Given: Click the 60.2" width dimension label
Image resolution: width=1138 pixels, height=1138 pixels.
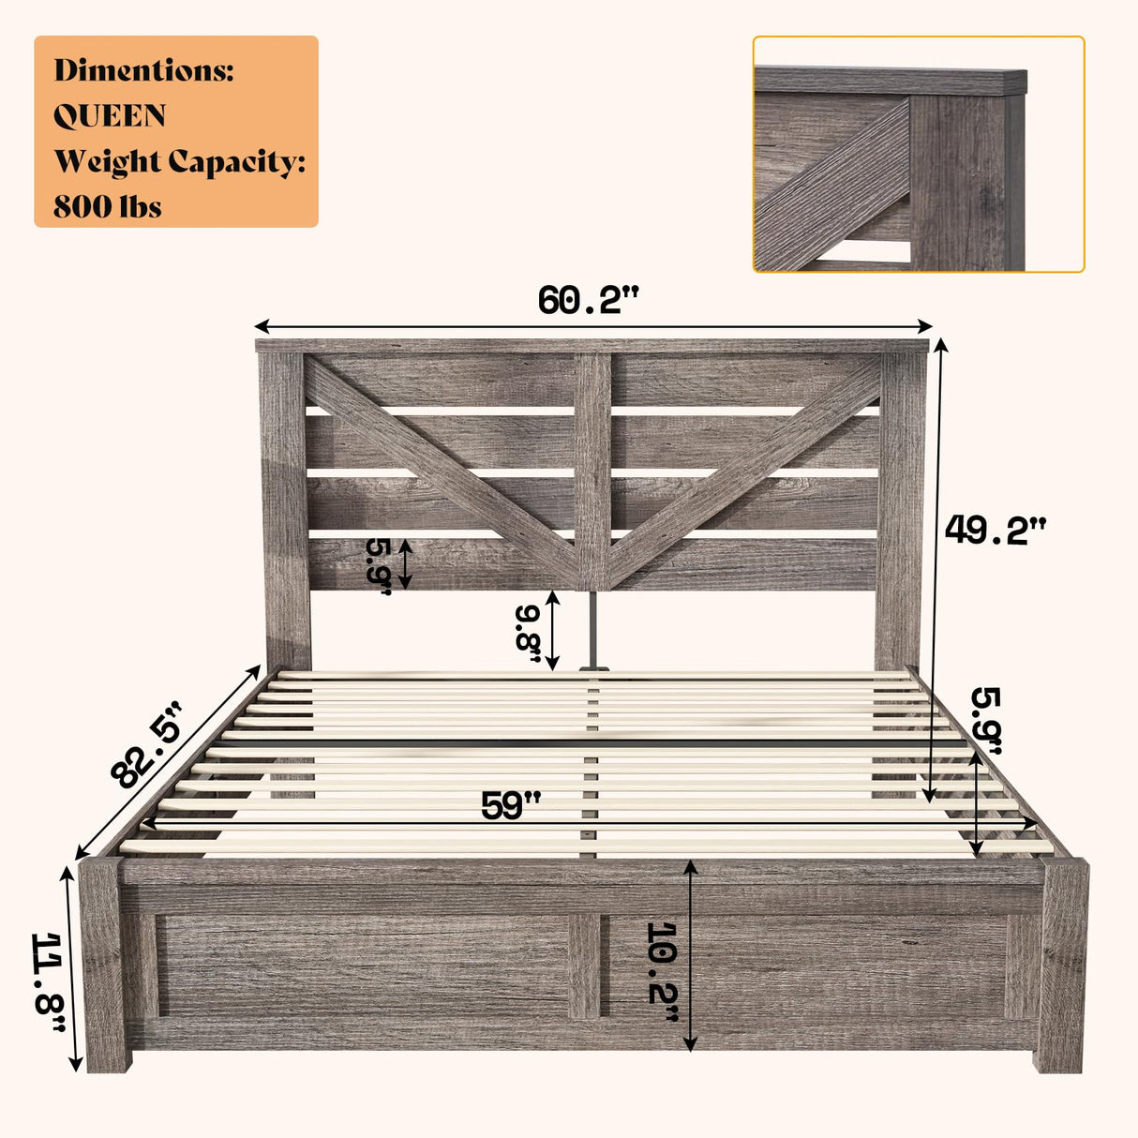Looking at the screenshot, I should pos(588,301).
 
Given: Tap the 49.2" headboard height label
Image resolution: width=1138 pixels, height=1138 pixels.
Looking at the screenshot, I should pos(994,531).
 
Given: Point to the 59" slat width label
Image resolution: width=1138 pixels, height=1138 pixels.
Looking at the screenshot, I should pos(511,805).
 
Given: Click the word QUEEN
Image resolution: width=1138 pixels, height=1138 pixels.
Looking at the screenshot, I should pos(110,116).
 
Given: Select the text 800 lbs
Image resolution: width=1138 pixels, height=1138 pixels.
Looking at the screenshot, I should pos(107,206).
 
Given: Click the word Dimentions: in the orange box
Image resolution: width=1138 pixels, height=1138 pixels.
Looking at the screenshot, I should pos(143,70).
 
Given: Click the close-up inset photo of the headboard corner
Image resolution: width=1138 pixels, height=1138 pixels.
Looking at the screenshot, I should pos(918,155).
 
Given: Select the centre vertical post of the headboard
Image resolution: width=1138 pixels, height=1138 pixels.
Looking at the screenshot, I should pos(592,469).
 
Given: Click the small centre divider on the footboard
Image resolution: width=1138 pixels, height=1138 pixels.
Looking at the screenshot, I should pos(584,966).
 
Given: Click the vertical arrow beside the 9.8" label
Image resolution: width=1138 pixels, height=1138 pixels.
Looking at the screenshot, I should pos(553,631).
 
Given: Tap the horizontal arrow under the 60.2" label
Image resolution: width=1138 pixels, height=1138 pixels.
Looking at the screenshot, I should pos(593,326).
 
